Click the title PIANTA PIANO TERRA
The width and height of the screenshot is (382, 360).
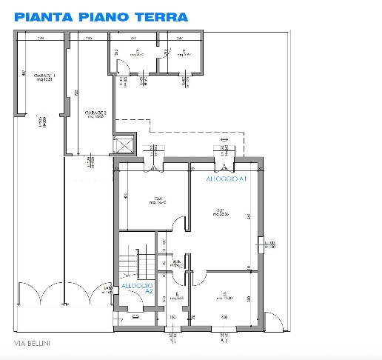(101, 16)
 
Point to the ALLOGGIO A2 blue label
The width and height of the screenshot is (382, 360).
(137, 287)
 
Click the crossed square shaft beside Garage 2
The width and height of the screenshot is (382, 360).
(125, 143)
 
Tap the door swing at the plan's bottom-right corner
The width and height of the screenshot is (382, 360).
(273, 319)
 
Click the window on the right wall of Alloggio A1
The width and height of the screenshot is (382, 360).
(262, 244)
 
